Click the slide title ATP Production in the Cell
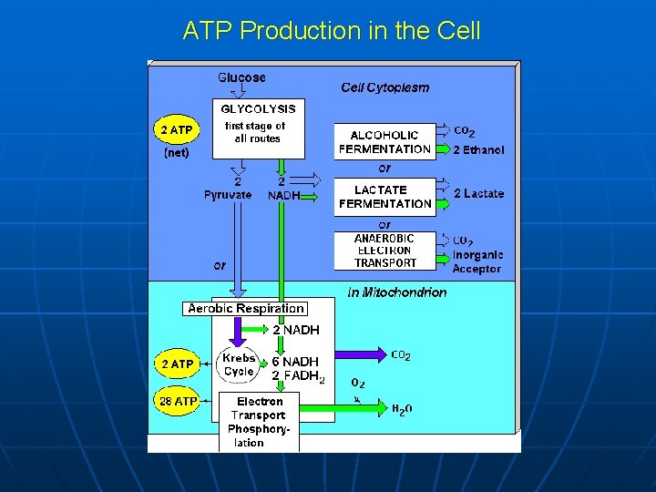332,30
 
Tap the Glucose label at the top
241,77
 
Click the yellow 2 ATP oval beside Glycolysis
176,130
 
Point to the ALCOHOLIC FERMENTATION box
384,142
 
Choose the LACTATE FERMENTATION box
384,197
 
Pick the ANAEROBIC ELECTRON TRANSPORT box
384,251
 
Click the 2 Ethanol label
478,150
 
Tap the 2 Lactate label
478,193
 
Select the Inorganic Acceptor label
477,261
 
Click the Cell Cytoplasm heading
384,87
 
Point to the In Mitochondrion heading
397,292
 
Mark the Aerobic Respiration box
246,308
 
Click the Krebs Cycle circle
239,365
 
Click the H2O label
402,410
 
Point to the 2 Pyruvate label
228,189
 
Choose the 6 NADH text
295,362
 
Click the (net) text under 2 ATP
176,153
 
